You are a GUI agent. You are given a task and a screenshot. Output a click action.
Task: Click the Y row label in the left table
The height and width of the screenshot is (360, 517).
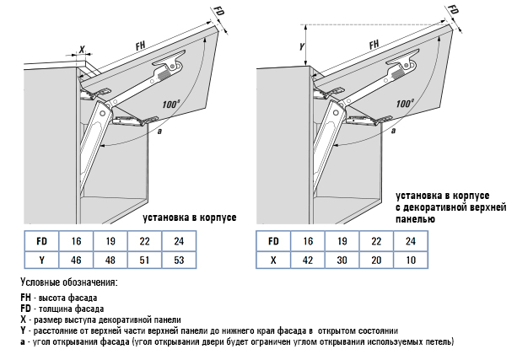(x=41, y=261)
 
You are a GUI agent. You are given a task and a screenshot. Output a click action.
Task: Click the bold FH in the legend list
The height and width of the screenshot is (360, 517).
(x=25, y=298)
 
